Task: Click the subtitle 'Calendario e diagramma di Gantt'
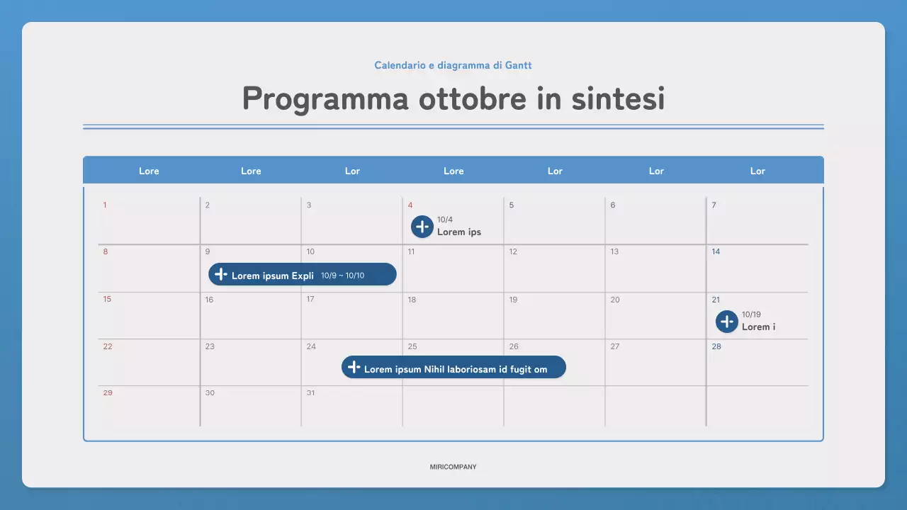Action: (x=453, y=65)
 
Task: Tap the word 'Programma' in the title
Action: (x=325, y=98)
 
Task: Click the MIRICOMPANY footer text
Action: (x=453, y=467)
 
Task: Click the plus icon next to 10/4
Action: (x=422, y=227)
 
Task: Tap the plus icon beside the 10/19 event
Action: (x=727, y=322)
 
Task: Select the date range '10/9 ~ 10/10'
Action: (x=342, y=276)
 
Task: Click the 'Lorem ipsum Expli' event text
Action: (x=272, y=276)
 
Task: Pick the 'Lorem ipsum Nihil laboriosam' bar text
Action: (x=455, y=369)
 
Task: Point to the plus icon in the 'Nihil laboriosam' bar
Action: (x=354, y=368)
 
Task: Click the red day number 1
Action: (x=105, y=205)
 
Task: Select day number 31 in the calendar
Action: (x=310, y=393)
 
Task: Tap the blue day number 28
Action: (x=716, y=346)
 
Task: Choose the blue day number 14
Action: (x=716, y=251)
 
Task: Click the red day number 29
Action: (x=108, y=393)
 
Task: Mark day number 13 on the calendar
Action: (x=614, y=251)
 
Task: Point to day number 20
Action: (x=615, y=300)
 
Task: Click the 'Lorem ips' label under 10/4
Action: (x=458, y=232)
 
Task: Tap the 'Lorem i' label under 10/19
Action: (x=758, y=327)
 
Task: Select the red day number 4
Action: (x=410, y=205)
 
